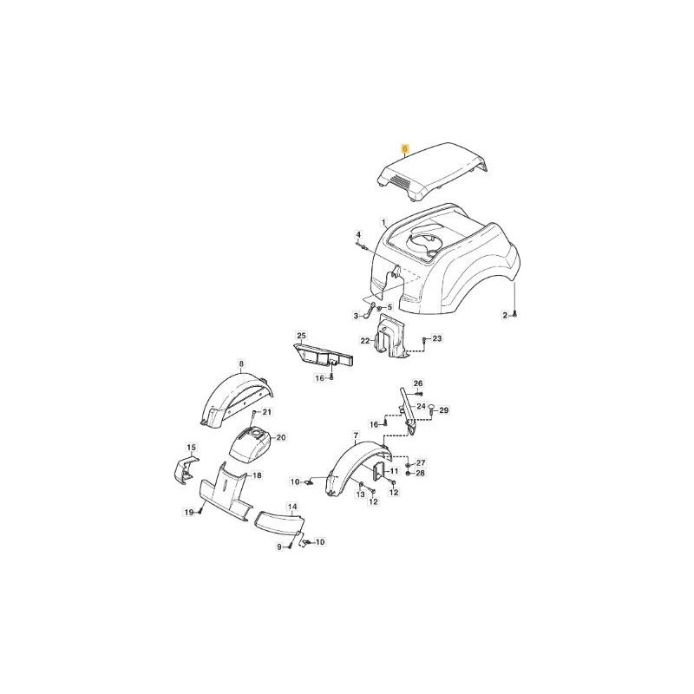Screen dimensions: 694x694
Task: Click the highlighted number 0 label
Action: point(403,149)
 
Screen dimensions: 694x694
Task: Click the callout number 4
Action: point(357,235)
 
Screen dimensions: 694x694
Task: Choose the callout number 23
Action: point(436,338)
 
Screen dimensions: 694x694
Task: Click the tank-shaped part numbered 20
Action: point(249,444)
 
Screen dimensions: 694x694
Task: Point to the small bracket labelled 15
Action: point(182,468)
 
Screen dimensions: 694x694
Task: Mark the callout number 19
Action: point(187,513)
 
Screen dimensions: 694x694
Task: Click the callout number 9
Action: point(279,547)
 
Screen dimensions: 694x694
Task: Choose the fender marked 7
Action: point(351,468)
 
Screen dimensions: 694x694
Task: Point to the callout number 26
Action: point(417,383)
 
